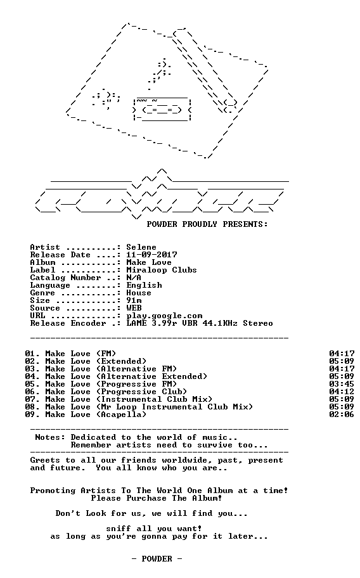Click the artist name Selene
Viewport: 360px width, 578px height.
[x=141, y=247]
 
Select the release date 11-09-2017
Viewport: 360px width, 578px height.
[x=151, y=255]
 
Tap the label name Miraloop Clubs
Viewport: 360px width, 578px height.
[x=162, y=270]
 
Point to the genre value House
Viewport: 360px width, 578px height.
[x=139, y=293]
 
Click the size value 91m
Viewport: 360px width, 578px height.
[x=134, y=300]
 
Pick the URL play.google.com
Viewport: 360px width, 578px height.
[x=164, y=316]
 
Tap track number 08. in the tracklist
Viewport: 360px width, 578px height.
[x=32, y=407]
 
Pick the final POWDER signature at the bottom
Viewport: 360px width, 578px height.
[x=157, y=559]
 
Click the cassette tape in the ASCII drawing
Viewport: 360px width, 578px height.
[x=162, y=110]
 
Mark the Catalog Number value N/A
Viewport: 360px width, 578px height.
[x=134, y=278]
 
